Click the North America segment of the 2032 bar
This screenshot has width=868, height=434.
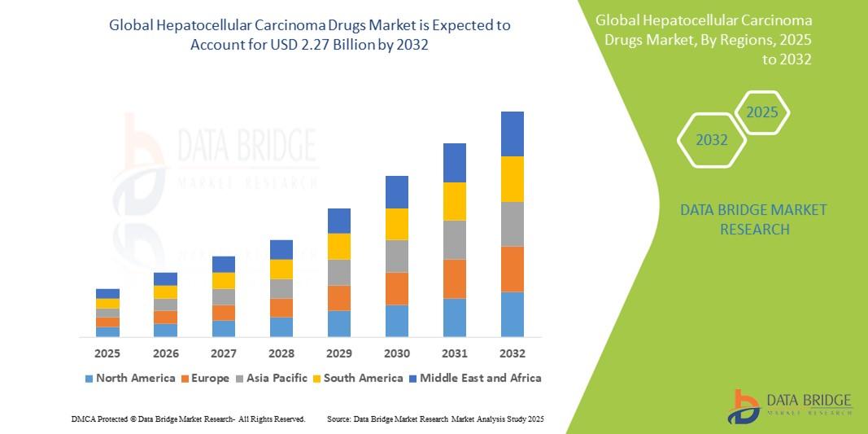[512, 314]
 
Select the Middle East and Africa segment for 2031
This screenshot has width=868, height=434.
[454, 163]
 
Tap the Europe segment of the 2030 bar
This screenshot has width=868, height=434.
[396, 288]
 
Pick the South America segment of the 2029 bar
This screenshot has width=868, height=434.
[338, 247]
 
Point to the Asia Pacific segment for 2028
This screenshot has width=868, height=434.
[281, 289]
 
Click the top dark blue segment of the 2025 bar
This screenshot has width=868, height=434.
[107, 293]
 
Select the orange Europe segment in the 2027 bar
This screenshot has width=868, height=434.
[223, 313]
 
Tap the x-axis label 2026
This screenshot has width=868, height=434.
[165, 353]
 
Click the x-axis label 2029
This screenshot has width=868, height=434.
[338, 353]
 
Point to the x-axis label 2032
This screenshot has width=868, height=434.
[512, 353]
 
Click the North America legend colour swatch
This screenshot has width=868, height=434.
[89, 379]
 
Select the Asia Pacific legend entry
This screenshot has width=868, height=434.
[272, 378]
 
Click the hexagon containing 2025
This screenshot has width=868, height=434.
[761, 113]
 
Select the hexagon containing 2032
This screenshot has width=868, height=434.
[712, 140]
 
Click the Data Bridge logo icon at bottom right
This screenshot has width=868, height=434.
[744, 406]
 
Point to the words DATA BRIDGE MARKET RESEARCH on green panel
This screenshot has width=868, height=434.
[742, 220]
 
